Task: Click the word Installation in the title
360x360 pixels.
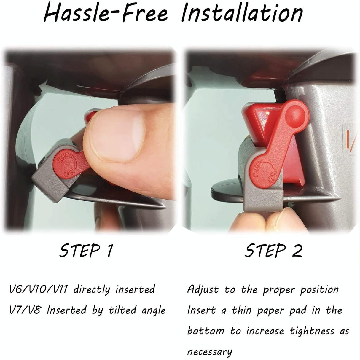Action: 242,13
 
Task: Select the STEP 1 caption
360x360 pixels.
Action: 86,251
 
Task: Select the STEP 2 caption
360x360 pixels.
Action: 273,251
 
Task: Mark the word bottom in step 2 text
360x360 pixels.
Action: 206,331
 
